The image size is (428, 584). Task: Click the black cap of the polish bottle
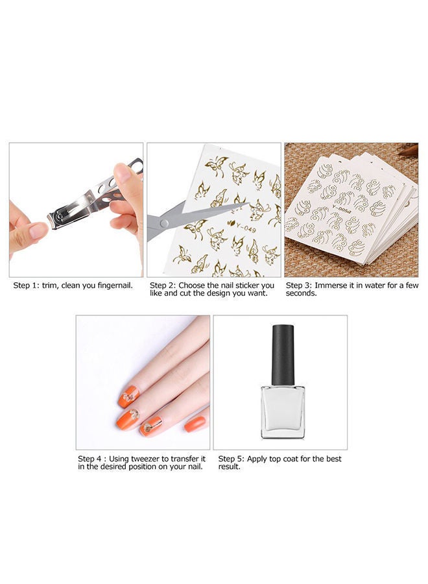[282, 354]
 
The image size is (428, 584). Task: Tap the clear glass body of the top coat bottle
[282, 410]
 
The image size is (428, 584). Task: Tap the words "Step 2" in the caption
[162, 286]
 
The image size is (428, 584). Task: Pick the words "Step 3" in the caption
[298, 286]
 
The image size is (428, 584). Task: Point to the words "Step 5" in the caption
[232, 459]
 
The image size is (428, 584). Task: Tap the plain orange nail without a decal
[195, 424]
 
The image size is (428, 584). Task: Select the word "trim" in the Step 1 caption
[53, 286]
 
